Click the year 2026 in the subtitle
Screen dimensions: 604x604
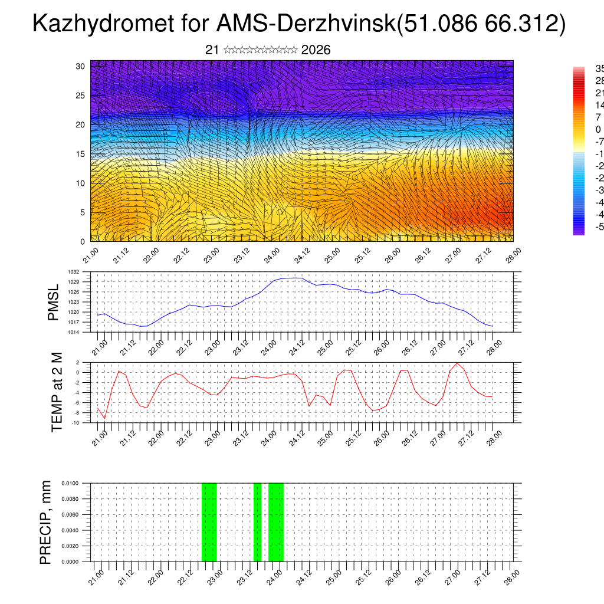pyautogui.click(x=316, y=50)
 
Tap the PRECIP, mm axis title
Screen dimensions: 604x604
pyautogui.click(x=45, y=523)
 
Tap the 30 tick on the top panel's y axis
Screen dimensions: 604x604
pyautogui.click(x=80, y=66)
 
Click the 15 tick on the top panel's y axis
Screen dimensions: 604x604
pyautogui.click(x=80, y=154)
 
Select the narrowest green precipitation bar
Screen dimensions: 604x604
pyautogui.click(x=257, y=522)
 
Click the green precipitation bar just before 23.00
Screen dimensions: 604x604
pyautogui.click(x=209, y=522)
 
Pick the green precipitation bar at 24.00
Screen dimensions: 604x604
pyautogui.click(x=276, y=522)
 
